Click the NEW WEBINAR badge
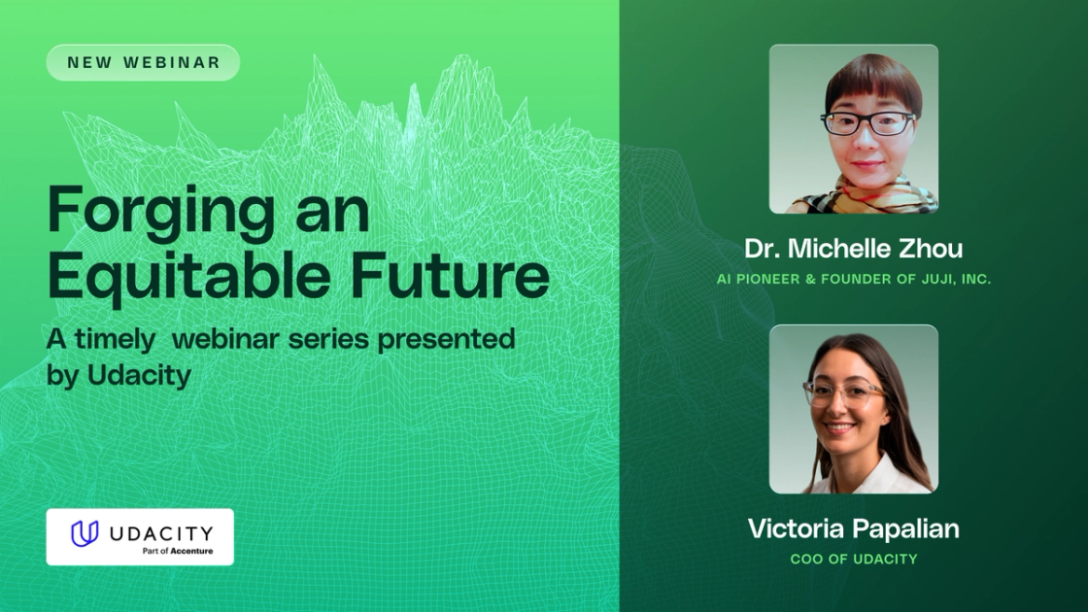pyautogui.click(x=143, y=63)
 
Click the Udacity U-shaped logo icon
pyautogui.click(x=85, y=533)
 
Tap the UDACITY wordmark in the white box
pyautogui.click(x=160, y=532)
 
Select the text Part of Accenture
pyautogui.click(x=177, y=551)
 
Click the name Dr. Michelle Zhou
pyautogui.click(x=853, y=249)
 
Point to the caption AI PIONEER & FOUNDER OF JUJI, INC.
pyautogui.click(x=853, y=279)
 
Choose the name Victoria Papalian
pyautogui.click(x=853, y=528)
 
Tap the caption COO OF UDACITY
pyautogui.click(x=853, y=559)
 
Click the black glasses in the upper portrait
pyautogui.click(x=867, y=123)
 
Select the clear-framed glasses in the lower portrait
pyautogui.click(x=842, y=392)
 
